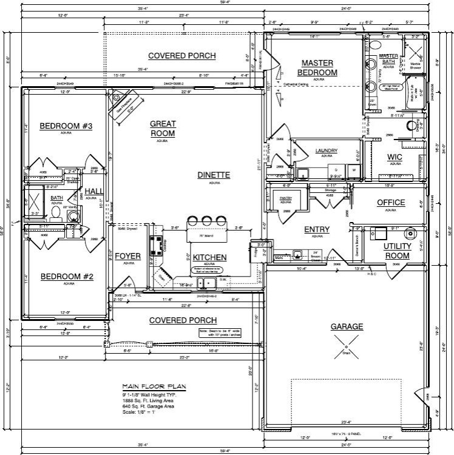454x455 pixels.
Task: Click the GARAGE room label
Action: point(347,326)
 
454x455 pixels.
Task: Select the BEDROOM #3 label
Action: point(66,126)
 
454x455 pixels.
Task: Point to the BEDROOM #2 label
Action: point(66,277)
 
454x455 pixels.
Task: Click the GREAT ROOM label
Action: point(163,129)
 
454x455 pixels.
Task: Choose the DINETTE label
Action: point(214,175)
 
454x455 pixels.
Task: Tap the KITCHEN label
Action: point(209,257)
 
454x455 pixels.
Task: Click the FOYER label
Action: point(128,257)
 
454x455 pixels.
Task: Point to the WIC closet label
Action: point(395,157)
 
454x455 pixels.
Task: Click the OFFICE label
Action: point(391,203)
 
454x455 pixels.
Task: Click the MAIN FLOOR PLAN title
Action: point(154,386)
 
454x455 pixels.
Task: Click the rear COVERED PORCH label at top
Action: point(182,56)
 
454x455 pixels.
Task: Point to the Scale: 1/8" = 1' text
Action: point(139,413)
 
